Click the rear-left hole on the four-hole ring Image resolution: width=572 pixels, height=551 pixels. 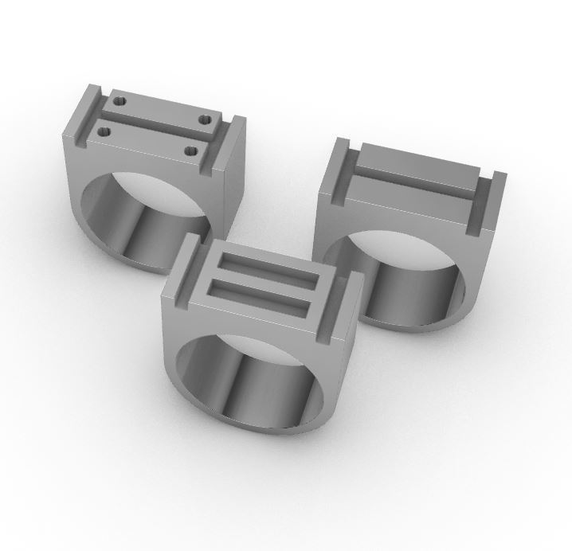(x=121, y=101)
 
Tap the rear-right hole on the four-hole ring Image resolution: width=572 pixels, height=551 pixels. (x=207, y=118)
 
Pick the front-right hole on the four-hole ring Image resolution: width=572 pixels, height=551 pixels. (x=190, y=148)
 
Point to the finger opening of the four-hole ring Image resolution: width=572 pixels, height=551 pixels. (x=147, y=215)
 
